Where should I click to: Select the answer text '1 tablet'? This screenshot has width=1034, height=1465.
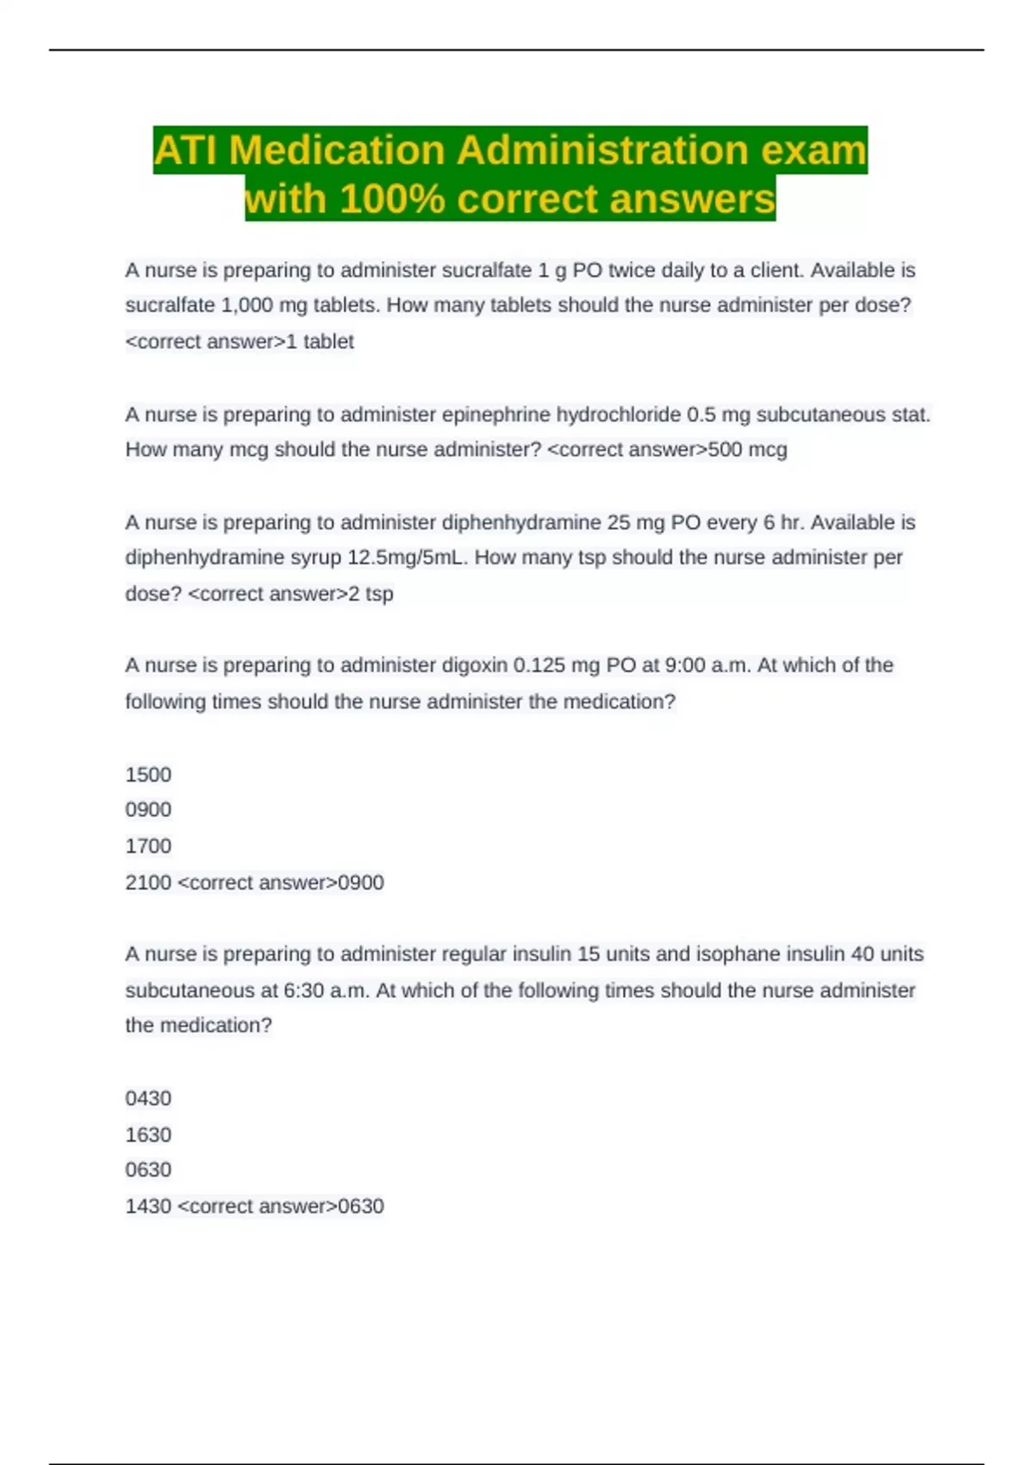click(x=320, y=342)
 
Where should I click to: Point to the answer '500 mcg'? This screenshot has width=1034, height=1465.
click(x=747, y=450)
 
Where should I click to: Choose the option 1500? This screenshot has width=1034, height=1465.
click(x=148, y=775)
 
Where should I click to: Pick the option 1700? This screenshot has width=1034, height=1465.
click(x=148, y=846)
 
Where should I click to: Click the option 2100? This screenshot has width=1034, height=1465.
click(x=148, y=882)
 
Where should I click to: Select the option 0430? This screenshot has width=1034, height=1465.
click(x=148, y=1099)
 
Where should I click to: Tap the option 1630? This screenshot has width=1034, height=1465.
click(x=148, y=1135)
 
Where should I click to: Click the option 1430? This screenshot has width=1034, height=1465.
click(x=148, y=1206)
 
